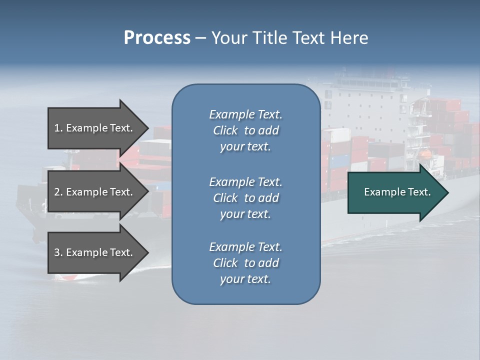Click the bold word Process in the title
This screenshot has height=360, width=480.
coord(157,38)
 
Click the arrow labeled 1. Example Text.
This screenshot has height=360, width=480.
coord(95,128)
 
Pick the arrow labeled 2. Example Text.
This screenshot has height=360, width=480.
coord(95,192)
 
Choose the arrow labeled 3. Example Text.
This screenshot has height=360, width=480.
coord(95,252)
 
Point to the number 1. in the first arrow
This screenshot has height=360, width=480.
coord(58,128)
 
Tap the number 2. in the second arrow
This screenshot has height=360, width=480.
coord(58,192)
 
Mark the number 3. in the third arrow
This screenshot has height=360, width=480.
coord(58,252)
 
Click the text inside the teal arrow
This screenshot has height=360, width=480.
coord(397,192)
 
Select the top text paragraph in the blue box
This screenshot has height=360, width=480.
coord(246,130)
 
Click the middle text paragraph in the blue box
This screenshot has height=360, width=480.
coord(246,197)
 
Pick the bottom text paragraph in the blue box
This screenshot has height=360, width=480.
coord(246,263)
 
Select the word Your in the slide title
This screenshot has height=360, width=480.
coord(229,38)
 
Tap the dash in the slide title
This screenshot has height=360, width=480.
coord(201,38)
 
